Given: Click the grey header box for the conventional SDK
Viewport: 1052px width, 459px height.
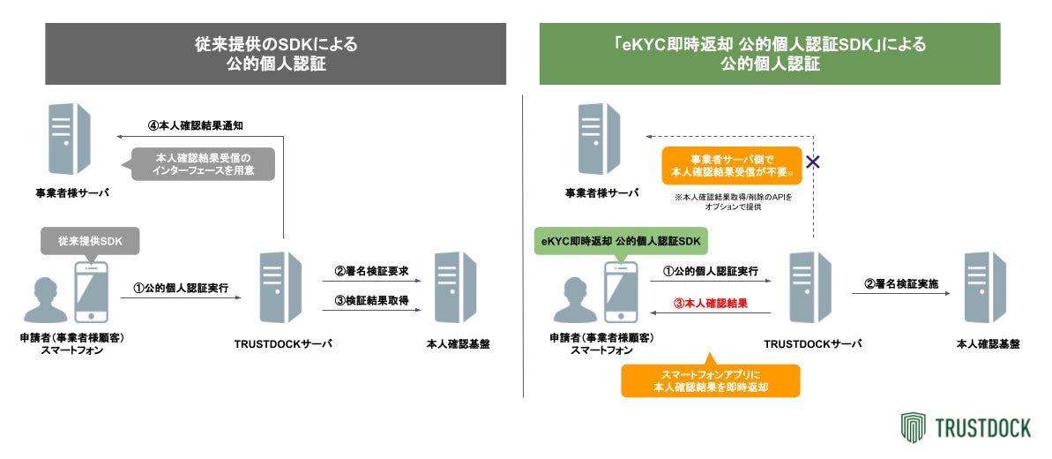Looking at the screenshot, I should [x=275, y=54].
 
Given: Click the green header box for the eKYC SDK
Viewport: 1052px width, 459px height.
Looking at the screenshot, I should [x=769, y=54].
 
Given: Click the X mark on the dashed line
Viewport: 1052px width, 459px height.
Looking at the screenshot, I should [x=813, y=162].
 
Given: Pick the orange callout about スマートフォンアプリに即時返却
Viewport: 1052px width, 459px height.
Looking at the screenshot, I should [x=710, y=380].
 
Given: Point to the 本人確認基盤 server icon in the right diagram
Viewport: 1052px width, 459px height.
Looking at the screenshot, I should [x=987, y=287].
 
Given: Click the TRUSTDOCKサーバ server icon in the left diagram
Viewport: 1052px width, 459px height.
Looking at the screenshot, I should [x=285, y=287].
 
